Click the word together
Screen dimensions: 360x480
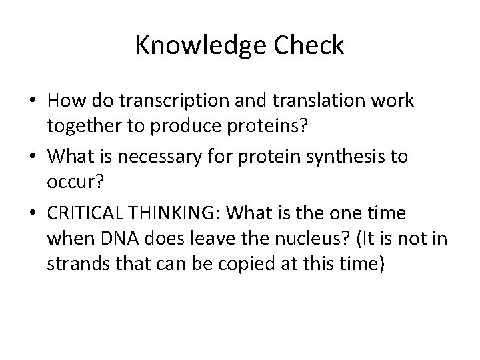[79, 127]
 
